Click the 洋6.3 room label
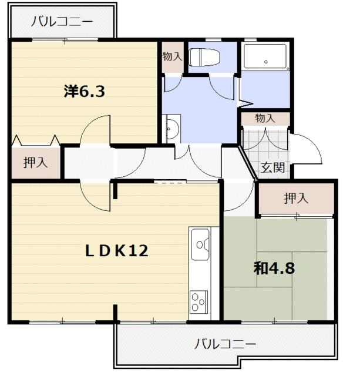pos(85,92)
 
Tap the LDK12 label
pos(117,251)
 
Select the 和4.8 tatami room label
pos(274,268)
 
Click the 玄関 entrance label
pos(272,167)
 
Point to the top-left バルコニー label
pos(62,22)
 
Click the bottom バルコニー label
pos(225,344)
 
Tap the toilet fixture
pos(204,58)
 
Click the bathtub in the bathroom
pos(265,56)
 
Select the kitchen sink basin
pos(200,244)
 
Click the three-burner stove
pos(198,302)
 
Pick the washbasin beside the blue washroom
pos(171,129)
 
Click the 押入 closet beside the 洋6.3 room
pos(36,163)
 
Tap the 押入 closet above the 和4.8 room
pos(296,198)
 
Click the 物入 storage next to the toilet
pos(173,57)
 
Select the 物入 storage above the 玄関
pos(265,118)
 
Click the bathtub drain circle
pos(266,62)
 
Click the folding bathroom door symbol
pos(245,103)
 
